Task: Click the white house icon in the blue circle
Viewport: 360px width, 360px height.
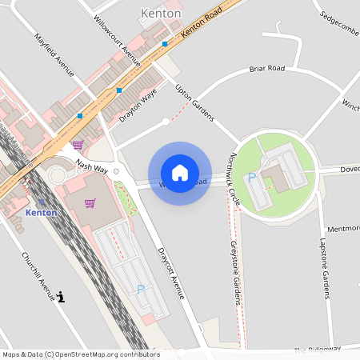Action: click(180, 173)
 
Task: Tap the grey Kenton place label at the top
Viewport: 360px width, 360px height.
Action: click(160, 14)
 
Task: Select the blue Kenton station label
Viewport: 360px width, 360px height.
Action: click(41, 213)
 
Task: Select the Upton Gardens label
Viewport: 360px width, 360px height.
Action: click(195, 103)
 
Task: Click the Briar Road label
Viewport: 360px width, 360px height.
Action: click(266, 69)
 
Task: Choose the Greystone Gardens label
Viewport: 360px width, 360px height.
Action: click(236, 272)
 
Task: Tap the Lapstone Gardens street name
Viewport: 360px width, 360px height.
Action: click(325, 268)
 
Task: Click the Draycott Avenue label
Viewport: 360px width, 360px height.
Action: click(170, 271)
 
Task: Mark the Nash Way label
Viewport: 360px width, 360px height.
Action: click(91, 165)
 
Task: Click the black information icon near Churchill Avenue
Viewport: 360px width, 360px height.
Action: click(62, 297)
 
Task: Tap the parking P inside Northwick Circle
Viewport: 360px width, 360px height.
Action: click(252, 177)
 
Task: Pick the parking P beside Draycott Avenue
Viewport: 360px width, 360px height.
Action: click(141, 289)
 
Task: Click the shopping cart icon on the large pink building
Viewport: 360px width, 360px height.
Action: click(90, 203)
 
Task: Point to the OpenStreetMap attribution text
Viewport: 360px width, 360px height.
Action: click(81, 354)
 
